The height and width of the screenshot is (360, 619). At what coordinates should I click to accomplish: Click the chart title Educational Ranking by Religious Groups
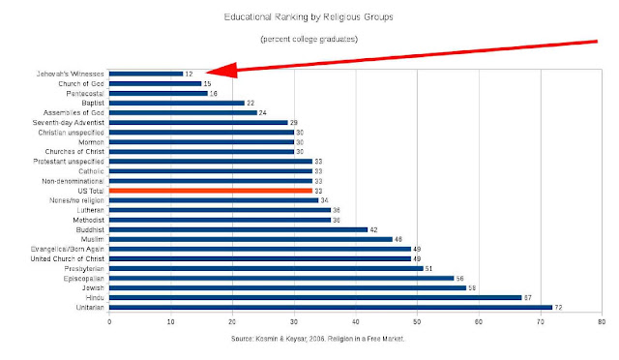(309, 17)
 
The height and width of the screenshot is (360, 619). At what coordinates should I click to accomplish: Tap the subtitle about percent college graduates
(309, 39)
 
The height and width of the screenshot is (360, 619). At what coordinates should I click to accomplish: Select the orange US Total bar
(211, 191)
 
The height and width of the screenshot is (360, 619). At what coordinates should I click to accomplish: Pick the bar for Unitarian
(331, 308)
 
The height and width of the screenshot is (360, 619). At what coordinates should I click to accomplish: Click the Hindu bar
(315, 297)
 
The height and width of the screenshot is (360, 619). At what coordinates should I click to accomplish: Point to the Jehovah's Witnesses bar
(146, 74)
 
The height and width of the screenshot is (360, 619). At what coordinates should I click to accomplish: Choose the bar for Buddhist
(239, 229)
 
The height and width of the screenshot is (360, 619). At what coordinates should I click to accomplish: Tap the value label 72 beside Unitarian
(558, 308)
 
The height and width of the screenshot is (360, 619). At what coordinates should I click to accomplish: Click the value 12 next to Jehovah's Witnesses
(189, 74)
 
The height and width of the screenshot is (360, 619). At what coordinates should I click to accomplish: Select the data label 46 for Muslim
(398, 239)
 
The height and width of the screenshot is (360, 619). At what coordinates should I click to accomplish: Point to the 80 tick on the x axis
(602, 322)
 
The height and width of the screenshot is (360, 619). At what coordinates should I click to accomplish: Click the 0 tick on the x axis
(109, 322)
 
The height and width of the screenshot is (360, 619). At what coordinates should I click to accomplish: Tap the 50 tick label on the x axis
(417, 322)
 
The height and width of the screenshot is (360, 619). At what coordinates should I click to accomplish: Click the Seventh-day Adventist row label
(69, 123)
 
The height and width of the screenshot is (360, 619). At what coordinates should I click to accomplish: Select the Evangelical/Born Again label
(68, 250)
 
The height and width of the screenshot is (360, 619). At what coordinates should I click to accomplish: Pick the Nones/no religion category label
(76, 200)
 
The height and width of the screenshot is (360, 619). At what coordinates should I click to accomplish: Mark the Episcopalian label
(84, 279)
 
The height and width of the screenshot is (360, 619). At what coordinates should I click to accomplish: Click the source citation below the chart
(318, 339)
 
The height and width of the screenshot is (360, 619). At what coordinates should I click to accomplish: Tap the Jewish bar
(288, 288)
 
